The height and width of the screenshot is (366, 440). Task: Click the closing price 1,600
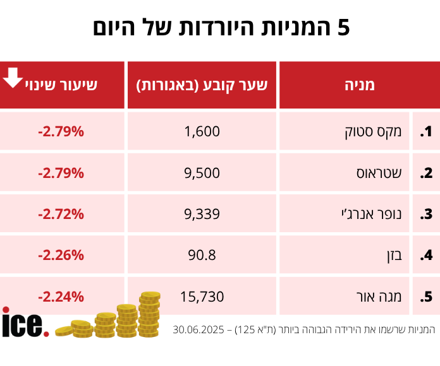pyautogui.click(x=202, y=132)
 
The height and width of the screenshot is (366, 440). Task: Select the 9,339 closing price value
pyautogui.click(x=202, y=214)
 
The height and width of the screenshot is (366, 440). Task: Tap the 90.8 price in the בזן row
pyautogui.click(x=202, y=255)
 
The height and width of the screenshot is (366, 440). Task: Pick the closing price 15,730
pyautogui.click(x=202, y=296)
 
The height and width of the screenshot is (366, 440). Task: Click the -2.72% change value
pyautogui.click(x=61, y=214)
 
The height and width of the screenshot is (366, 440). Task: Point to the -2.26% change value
pyautogui.click(x=61, y=255)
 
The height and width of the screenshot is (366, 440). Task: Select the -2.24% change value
pyautogui.click(x=61, y=296)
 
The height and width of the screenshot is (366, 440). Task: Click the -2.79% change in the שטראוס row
pyautogui.click(x=61, y=173)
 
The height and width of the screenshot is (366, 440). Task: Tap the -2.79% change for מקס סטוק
pyautogui.click(x=61, y=132)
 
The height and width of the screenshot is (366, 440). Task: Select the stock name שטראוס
pyautogui.click(x=384, y=173)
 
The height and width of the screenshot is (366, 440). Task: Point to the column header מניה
pyautogui.click(x=361, y=85)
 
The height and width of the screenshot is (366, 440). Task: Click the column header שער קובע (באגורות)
pyautogui.click(x=202, y=85)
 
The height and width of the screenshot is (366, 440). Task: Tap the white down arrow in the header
pyautogui.click(x=13, y=78)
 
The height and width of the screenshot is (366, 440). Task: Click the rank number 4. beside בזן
pyautogui.click(x=426, y=256)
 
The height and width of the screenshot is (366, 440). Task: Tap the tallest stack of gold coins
pyautogui.click(x=149, y=314)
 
